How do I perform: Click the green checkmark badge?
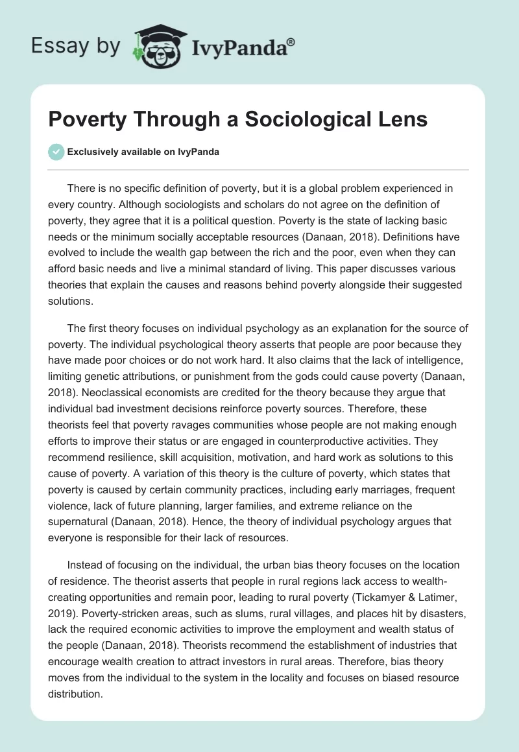[x=56, y=152]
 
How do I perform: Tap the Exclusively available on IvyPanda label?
[x=143, y=152]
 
